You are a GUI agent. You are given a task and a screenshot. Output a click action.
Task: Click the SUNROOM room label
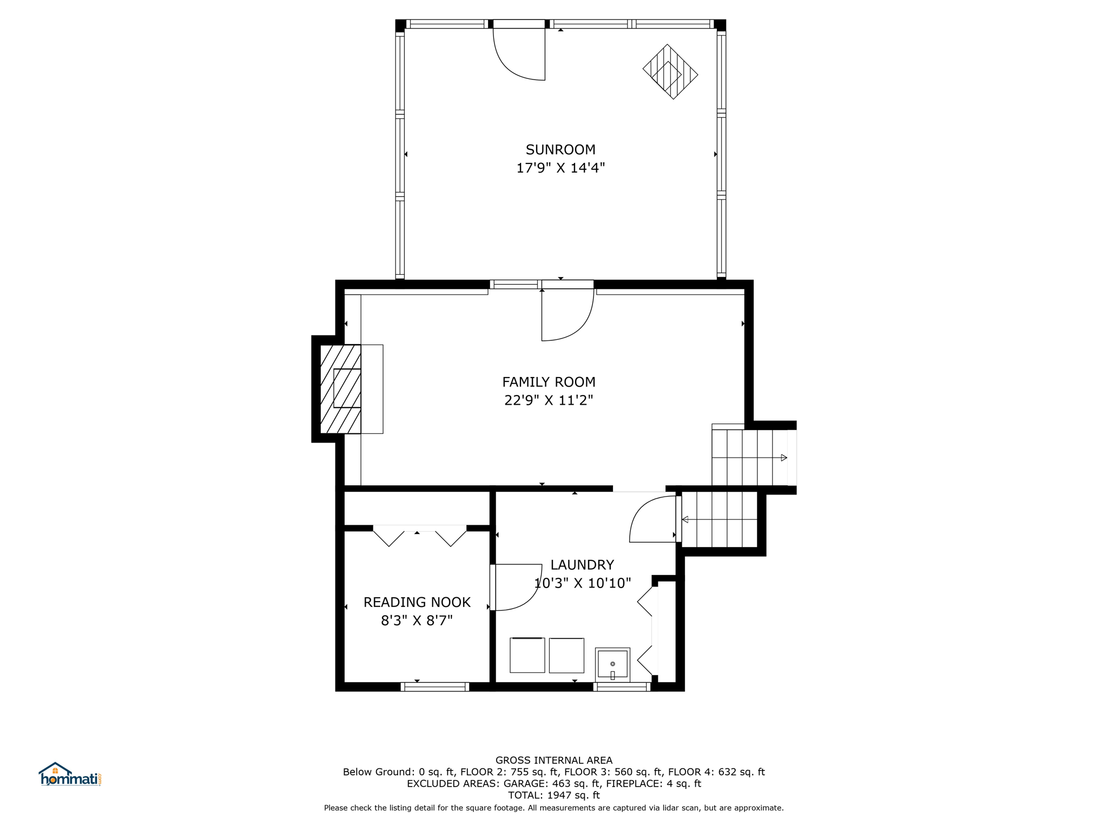pos(560,149)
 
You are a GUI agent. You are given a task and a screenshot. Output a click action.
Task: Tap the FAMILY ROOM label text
pos(549,382)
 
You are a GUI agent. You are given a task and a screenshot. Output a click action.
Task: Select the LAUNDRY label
pos(582,565)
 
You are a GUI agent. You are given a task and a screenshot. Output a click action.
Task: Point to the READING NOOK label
pos(417,602)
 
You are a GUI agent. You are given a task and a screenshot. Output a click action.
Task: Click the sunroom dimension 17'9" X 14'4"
pos(560,168)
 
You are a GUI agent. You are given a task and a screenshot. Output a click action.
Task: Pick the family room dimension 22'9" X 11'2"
pos(549,400)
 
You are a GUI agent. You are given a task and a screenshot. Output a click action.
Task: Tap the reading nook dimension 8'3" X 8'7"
pos(417,621)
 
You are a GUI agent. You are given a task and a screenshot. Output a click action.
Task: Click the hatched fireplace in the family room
pos(341,389)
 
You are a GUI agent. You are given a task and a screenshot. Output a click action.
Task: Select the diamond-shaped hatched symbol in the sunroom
pos(670,71)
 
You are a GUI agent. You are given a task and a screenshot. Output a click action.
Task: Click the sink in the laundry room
pos(612,664)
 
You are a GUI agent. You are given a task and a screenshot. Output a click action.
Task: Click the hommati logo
pos(70,775)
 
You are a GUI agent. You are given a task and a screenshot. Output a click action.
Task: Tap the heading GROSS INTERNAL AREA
pos(554,760)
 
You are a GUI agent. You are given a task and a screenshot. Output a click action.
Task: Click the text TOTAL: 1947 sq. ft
pos(554,795)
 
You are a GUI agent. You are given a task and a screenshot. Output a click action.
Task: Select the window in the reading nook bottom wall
pos(435,687)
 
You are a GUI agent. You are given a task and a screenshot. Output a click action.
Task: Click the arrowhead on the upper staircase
pos(784,458)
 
